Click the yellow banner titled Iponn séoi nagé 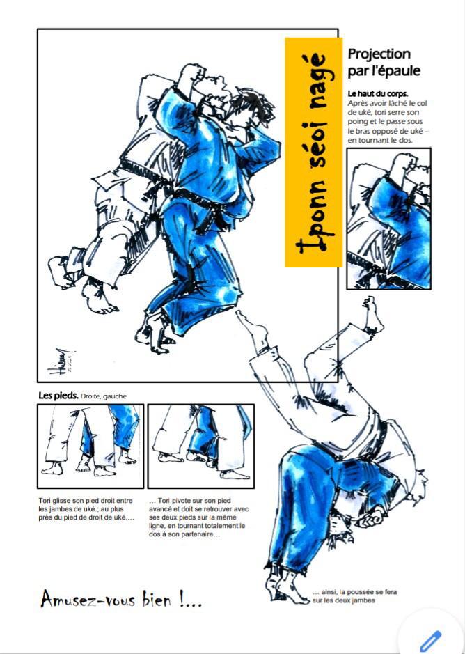pyautogui.click(x=314, y=153)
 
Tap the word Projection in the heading pyautogui.click(x=379, y=54)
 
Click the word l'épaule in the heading pyautogui.click(x=395, y=71)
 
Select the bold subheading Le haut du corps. pyautogui.click(x=378, y=94)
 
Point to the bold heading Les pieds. pyautogui.click(x=58, y=396)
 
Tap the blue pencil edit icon pyautogui.click(x=431, y=641)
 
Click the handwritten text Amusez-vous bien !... pyautogui.click(x=121, y=600)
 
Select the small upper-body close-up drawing pyautogui.click(x=388, y=219)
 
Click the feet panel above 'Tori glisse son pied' pyautogui.click(x=90, y=446)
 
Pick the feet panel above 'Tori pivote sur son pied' pyautogui.click(x=201, y=446)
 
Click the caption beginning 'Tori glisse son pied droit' pyautogui.click(x=86, y=509)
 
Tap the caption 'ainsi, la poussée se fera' pyautogui.click(x=354, y=596)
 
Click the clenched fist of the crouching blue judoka pyautogui.click(x=372, y=518)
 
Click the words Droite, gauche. pyautogui.click(x=104, y=396)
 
